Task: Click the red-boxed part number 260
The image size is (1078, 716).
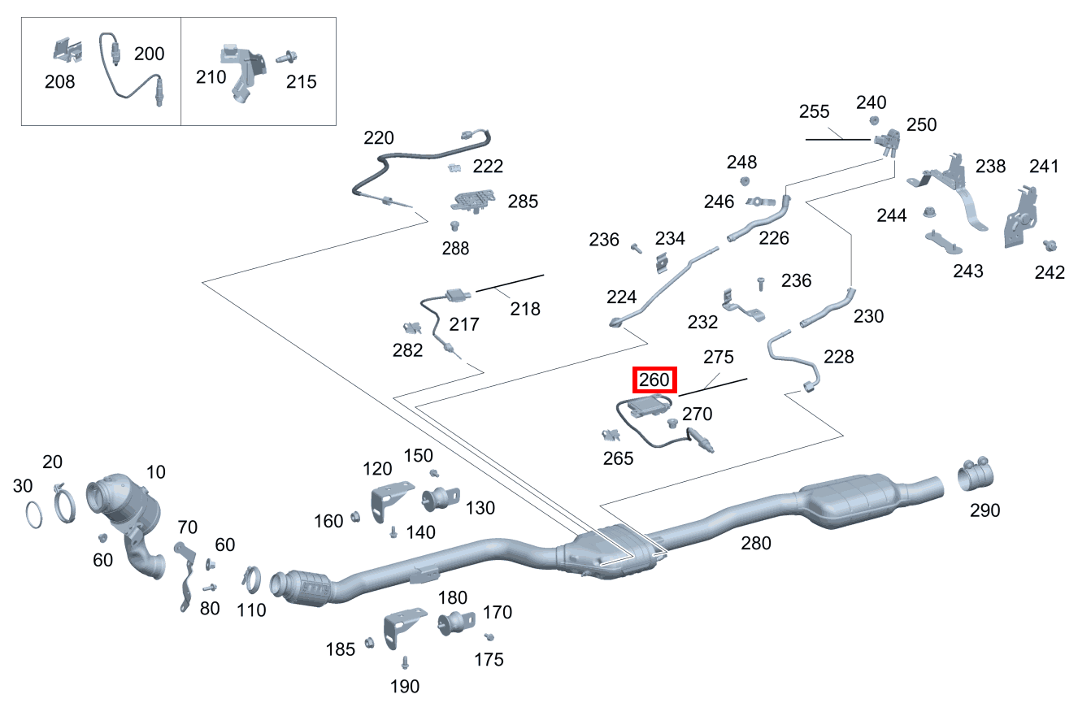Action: pyautogui.click(x=654, y=380)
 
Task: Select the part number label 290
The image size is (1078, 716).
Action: pyautogui.click(x=984, y=510)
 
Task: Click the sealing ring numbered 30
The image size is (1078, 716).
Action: pyautogui.click(x=34, y=515)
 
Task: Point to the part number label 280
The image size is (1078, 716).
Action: pyautogui.click(x=755, y=543)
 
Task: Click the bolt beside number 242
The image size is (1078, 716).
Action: pyautogui.click(x=1049, y=245)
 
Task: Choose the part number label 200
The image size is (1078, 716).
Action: pyautogui.click(x=149, y=54)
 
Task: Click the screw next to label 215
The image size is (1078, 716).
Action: pyautogui.click(x=285, y=59)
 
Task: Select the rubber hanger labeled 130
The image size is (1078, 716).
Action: pyautogui.click(x=441, y=497)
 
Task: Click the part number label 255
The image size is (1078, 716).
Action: pyautogui.click(x=814, y=111)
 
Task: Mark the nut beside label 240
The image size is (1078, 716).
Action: pyautogui.click(x=875, y=121)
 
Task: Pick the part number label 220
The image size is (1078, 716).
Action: pyautogui.click(x=379, y=137)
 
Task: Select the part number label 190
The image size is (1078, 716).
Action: pyautogui.click(x=404, y=687)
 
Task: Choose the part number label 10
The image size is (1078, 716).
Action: pyautogui.click(x=155, y=472)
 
